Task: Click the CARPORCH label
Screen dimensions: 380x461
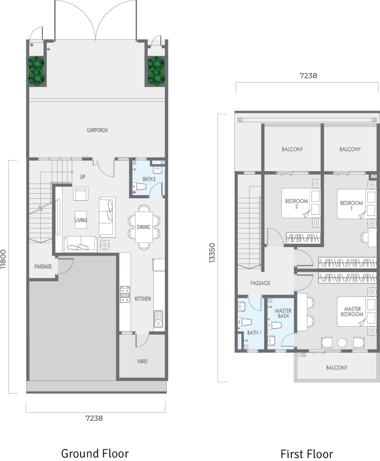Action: pyautogui.click(x=97, y=130)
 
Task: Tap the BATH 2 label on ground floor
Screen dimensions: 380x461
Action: pyautogui.click(x=149, y=179)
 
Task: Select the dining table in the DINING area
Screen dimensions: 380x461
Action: pyautogui.click(x=144, y=227)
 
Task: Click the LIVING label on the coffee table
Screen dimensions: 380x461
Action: pyautogui.click(x=81, y=220)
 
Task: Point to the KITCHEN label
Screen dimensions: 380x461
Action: pyautogui.click(x=143, y=299)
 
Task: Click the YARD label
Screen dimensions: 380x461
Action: pyautogui.click(x=142, y=361)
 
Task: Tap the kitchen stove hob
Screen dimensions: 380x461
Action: pyautogui.click(x=125, y=294)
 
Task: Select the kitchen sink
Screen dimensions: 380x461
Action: pyautogui.click(x=158, y=319)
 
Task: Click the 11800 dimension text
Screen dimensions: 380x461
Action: pyautogui.click(x=3, y=259)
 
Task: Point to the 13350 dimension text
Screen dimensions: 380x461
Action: pyautogui.click(x=212, y=253)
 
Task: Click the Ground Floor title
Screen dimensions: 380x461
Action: pyautogui.click(x=95, y=453)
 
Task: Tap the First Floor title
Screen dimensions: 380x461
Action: pyautogui.click(x=307, y=454)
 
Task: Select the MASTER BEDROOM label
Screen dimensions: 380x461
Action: pyautogui.click(x=352, y=312)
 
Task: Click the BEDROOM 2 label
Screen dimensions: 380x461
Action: pyautogui.click(x=296, y=204)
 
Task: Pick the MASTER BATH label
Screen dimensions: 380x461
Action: pyautogui.click(x=283, y=314)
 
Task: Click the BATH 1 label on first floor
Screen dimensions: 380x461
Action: pyautogui.click(x=255, y=333)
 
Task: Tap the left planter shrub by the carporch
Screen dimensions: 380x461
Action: pyautogui.click(x=36, y=71)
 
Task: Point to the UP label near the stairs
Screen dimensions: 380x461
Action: pyautogui.click(x=83, y=177)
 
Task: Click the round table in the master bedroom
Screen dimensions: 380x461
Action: pyautogui.click(x=342, y=343)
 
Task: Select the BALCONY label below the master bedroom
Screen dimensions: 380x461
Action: pyautogui.click(x=337, y=367)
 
